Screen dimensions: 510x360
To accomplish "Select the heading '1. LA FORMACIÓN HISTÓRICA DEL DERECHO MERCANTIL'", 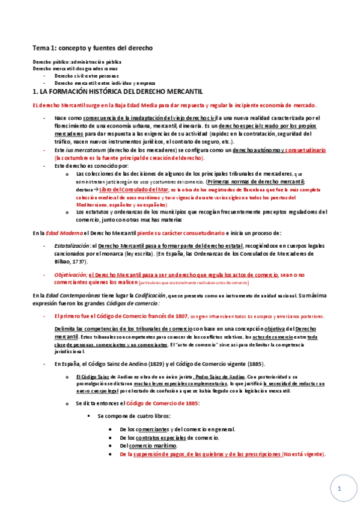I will coord(117,91).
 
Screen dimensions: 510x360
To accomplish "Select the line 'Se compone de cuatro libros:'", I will coord(133,416).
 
